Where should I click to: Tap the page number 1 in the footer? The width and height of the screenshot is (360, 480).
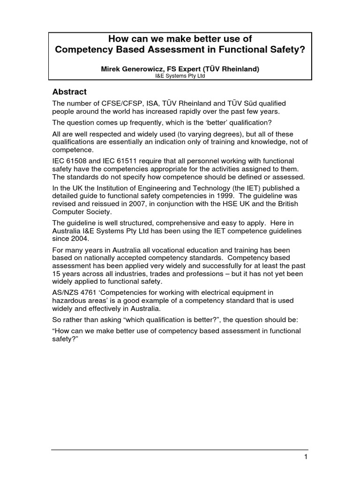(x=306, y=457)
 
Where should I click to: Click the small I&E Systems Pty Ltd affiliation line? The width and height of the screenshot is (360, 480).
(x=180, y=77)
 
